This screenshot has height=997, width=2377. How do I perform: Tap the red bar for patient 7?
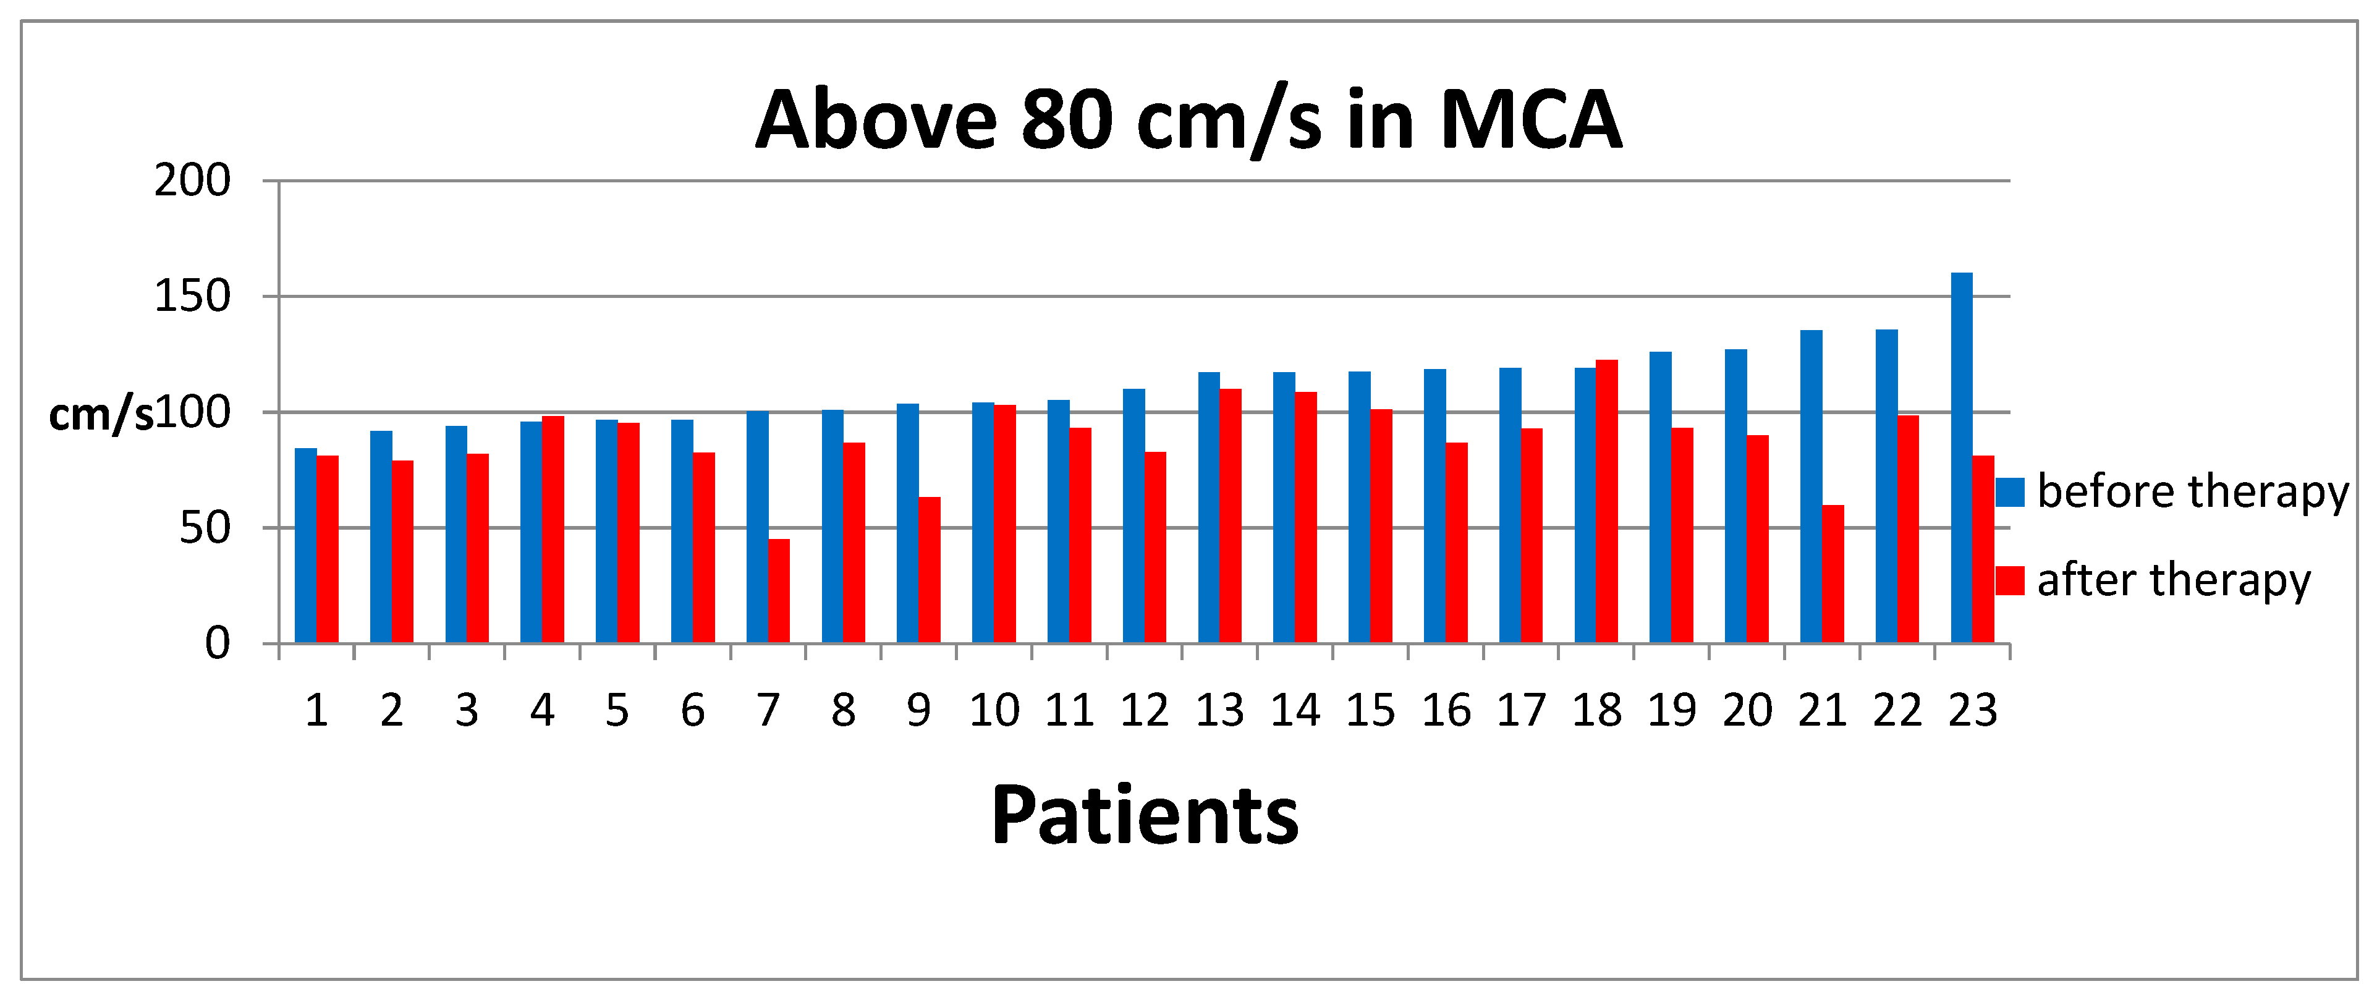pos(779,591)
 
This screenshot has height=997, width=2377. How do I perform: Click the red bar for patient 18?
pos(1606,501)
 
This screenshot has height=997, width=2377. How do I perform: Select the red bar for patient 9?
pos(929,570)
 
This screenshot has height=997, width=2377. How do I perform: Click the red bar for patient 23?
pos(1983,549)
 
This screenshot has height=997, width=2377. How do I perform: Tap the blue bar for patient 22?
pos(1886,486)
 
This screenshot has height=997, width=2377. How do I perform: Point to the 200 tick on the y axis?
pos(192,181)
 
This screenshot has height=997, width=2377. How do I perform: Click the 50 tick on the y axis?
pos(204,528)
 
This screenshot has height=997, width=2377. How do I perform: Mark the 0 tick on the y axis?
pos(217,643)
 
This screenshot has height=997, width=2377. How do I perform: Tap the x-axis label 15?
pos(1370,711)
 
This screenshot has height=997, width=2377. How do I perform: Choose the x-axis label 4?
pos(541,711)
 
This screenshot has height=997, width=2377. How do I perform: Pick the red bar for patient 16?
pos(1456,543)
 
